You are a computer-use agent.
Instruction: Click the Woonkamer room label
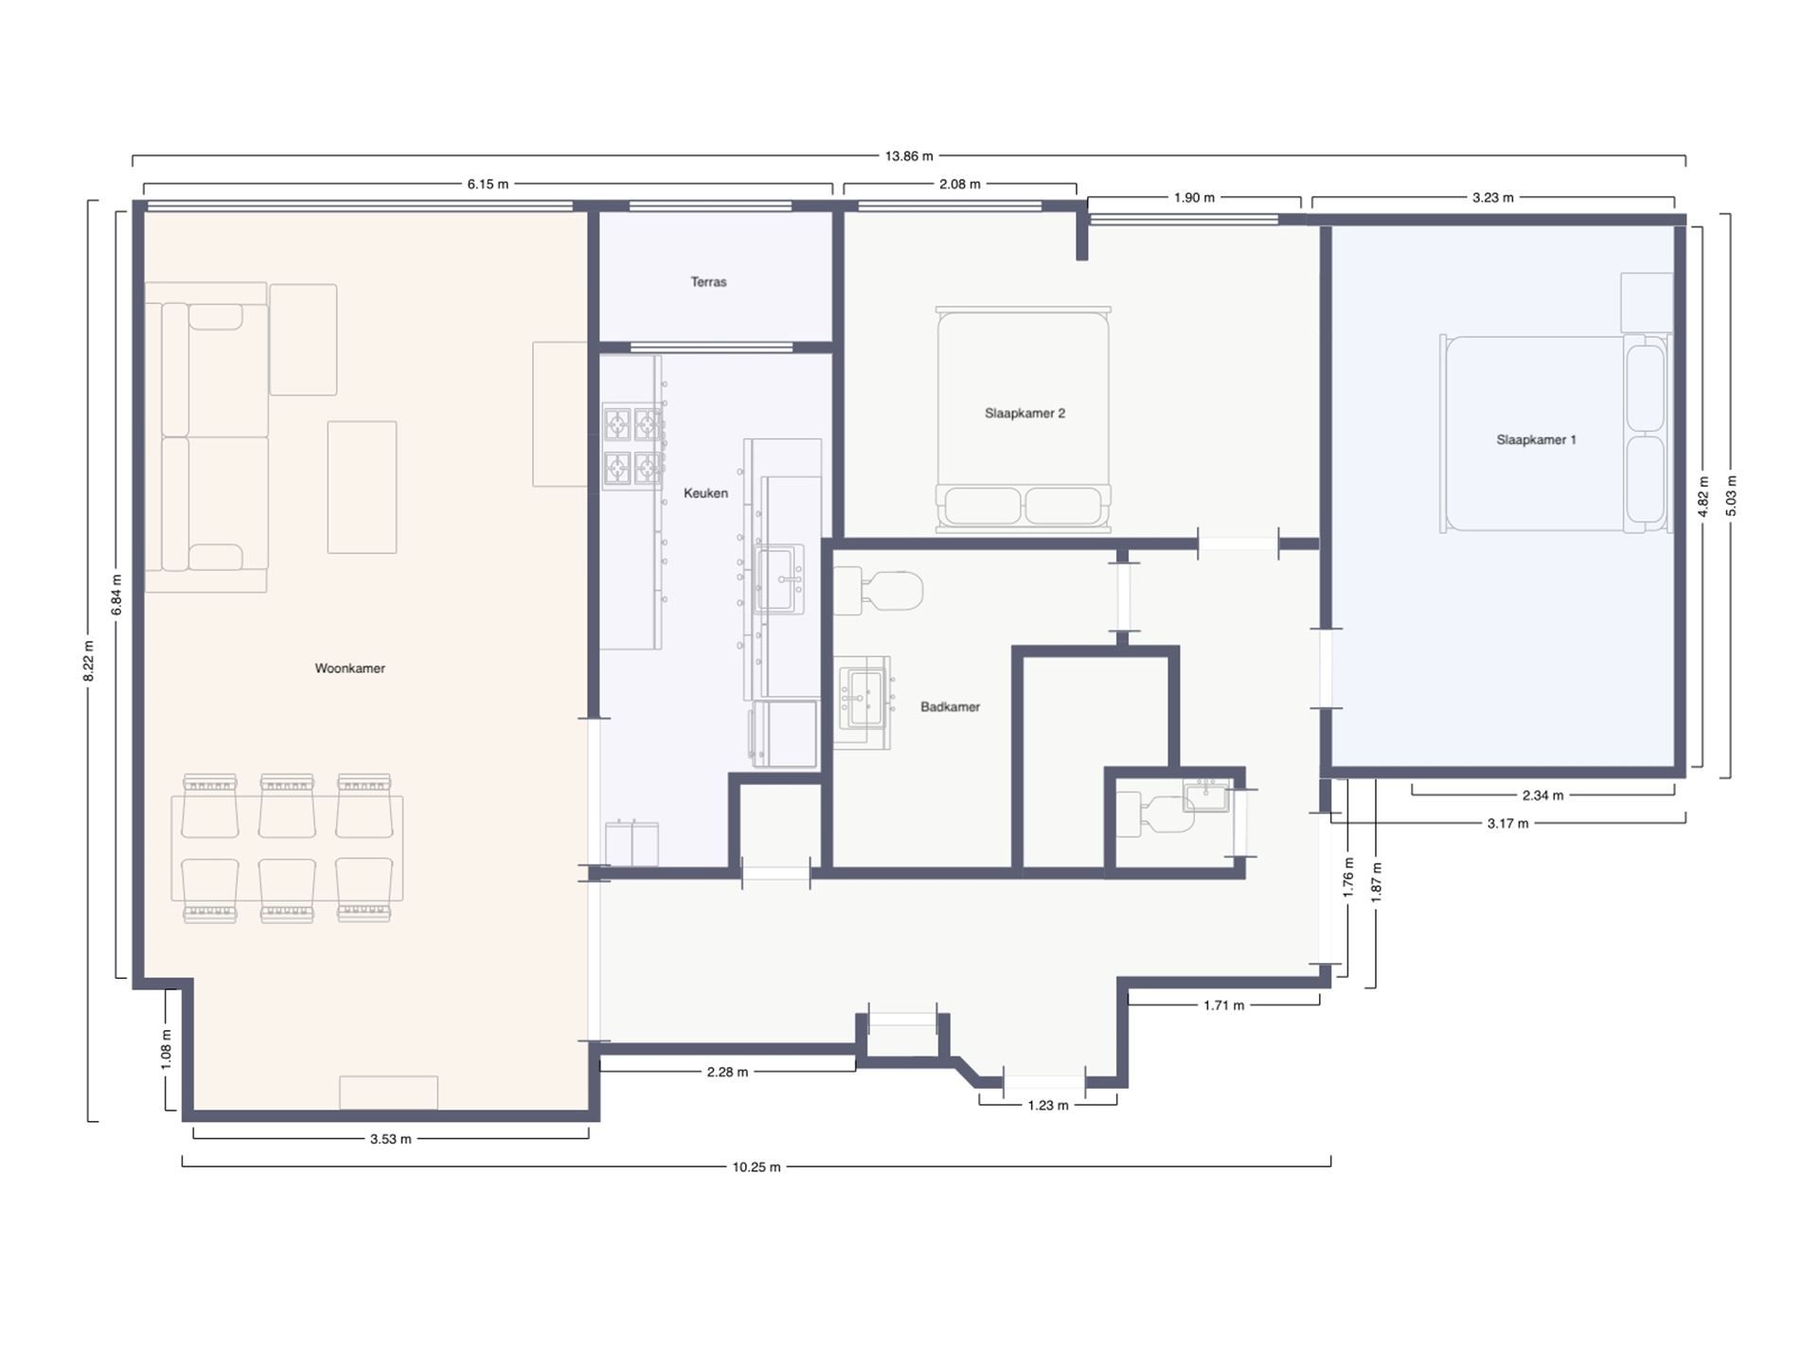coord(349,668)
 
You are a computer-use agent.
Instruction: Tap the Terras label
coord(708,282)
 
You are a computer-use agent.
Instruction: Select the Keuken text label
coord(705,493)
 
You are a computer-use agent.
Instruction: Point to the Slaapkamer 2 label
coord(1025,414)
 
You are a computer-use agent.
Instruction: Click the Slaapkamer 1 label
coord(1536,440)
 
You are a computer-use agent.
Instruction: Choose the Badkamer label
coord(950,707)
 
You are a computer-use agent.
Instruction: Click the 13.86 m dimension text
coord(908,156)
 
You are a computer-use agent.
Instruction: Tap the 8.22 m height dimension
coord(89,662)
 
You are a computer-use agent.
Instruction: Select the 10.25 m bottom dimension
coord(756,1167)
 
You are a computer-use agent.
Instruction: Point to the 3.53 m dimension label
coord(390,1139)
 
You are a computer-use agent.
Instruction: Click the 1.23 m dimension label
coord(1047,1106)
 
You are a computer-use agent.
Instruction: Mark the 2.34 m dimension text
coord(1542,796)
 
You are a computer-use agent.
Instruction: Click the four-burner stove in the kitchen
coord(633,446)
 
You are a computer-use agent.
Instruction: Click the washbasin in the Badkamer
coord(864,697)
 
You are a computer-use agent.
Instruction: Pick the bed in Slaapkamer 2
coord(1023,417)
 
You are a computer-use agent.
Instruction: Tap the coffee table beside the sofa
coord(362,488)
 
